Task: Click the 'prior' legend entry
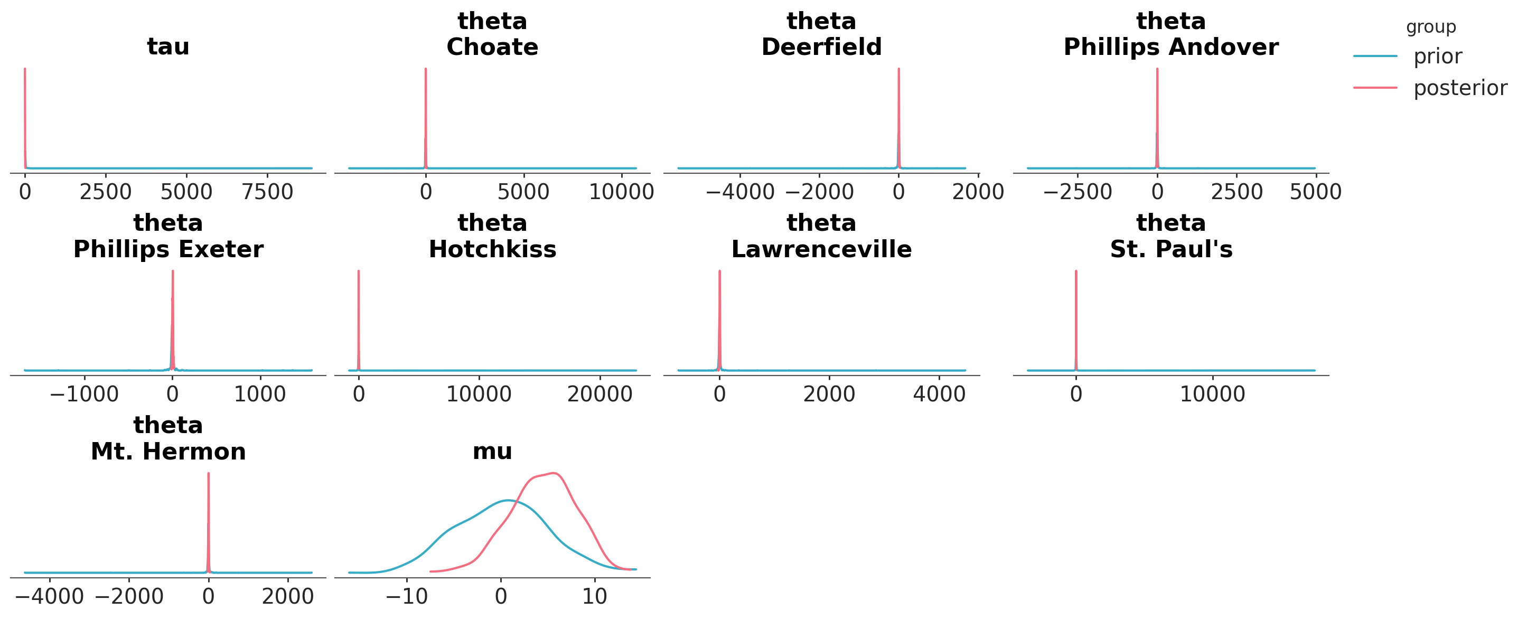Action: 1437,57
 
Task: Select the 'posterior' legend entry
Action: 1459,88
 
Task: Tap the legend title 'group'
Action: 1430,27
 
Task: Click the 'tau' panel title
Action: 168,46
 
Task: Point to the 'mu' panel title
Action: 492,451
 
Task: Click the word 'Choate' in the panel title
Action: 492,47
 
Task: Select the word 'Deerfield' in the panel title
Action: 821,47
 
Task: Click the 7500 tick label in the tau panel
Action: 267,192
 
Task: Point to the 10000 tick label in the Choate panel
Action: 621,192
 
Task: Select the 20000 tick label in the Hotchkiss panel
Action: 599,395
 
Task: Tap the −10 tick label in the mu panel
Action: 407,596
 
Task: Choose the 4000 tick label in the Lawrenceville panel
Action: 939,395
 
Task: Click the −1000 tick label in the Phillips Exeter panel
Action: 84,395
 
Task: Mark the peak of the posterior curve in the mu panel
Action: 553,473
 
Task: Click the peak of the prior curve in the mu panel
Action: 508,500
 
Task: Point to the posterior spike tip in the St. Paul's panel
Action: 1076,271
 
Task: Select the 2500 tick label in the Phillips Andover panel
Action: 1236,192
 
